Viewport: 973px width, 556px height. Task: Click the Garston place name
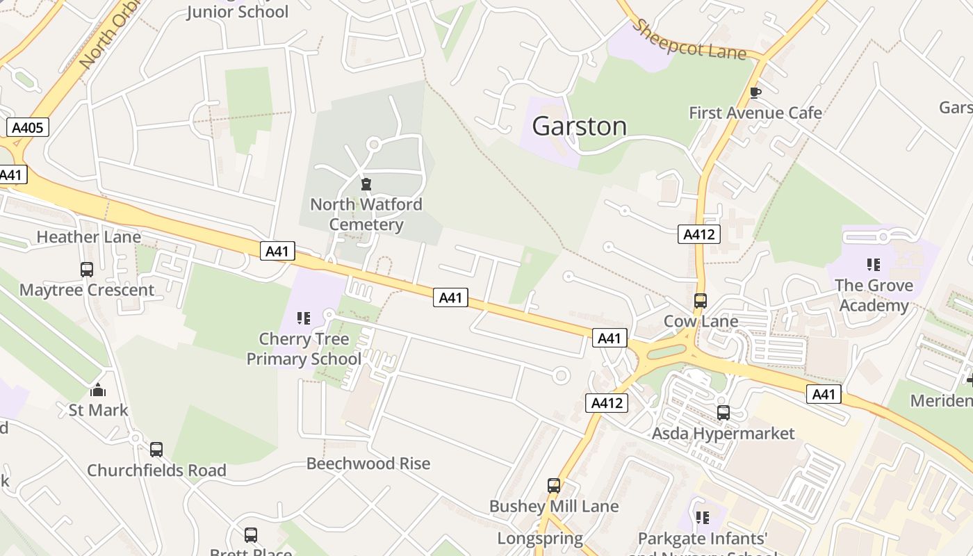pos(579,126)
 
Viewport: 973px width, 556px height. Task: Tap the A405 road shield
pos(28,127)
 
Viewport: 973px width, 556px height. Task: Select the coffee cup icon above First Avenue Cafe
pos(755,92)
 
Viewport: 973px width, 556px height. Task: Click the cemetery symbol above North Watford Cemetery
pos(366,184)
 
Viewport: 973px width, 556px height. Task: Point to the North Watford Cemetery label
pos(366,214)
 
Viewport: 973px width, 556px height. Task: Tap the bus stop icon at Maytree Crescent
pos(87,270)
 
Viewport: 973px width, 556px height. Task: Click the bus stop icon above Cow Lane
pos(700,301)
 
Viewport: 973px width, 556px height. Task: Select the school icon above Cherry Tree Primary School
pos(304,318)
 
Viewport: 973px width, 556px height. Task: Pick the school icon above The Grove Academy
pos(873,265)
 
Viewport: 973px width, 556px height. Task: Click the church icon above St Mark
pos(98,390)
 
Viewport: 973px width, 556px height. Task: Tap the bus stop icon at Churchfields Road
pos(156,450)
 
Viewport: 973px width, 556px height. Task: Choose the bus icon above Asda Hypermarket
pos(723,413)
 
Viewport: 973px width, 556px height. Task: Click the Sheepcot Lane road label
pos(690,40)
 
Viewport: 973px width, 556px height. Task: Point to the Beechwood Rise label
pos(368,464)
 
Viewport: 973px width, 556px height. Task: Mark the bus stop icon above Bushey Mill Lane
pos(553,486)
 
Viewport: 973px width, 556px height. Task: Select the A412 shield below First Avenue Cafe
pos(698,234)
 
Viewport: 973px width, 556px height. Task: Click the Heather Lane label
pos(88,237)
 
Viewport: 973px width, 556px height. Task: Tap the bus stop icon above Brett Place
pos(250,535)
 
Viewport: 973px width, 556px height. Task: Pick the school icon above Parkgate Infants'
pos(703,518)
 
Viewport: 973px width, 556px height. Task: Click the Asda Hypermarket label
pos(723,434)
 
